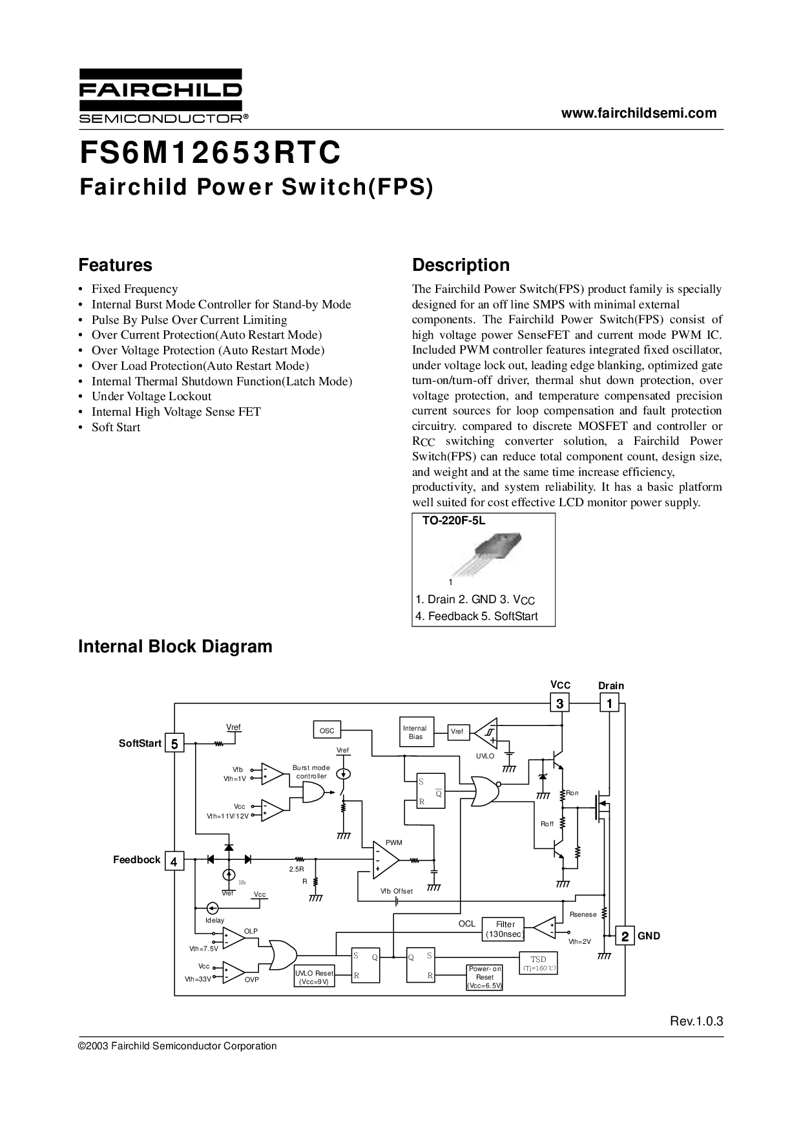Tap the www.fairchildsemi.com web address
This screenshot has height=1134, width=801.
[x=639, y=114]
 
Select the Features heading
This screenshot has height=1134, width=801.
[x=115, y=265]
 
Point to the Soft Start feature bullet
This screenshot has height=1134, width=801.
[x=116, y=427]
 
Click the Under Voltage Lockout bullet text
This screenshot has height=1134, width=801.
[x=151, y=396]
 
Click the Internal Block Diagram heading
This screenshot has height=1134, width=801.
[x=175, y=647]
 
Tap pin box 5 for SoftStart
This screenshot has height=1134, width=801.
[x=174, y=744]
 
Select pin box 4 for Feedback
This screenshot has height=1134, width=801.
[x=174, y=861]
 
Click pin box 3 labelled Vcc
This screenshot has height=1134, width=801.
[x=559, y=703]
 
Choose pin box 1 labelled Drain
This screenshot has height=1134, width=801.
[x=609, y=703]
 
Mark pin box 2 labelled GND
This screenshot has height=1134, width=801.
[x=625, y=936]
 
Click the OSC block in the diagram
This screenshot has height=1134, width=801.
[x=328, y=731]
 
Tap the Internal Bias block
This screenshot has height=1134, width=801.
[x=415, y=733]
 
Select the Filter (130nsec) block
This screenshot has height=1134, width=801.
[x=505, y=929]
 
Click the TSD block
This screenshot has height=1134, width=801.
[x=538, y=963]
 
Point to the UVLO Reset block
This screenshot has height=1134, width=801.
[x=314, y=977]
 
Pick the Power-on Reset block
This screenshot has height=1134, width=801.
[x=484, y=977]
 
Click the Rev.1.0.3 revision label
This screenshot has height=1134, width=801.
[x=696, y=1022]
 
